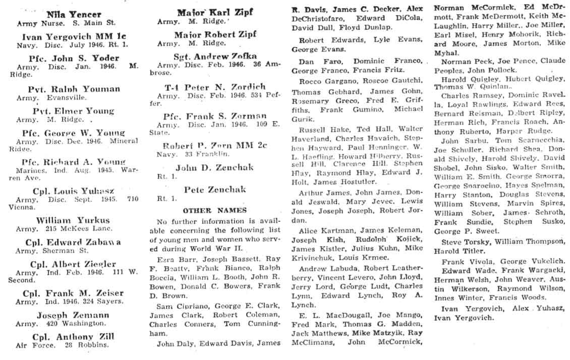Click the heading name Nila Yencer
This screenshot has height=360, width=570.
(73, 14)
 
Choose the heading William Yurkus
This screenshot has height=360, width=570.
(73, 220)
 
